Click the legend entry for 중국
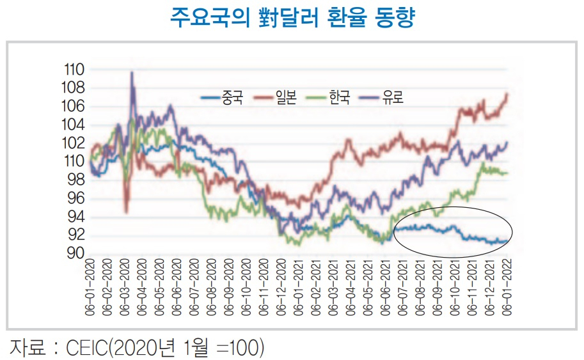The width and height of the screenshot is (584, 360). (222, 98)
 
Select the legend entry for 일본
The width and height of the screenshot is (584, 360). (275, 98)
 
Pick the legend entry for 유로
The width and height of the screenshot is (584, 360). (381, 98)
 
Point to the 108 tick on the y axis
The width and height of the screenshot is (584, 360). (73, 88)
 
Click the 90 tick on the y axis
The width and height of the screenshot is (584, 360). (76, 253)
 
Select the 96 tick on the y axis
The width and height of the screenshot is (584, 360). (76, 198)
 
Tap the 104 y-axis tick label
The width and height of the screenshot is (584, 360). (73, 124)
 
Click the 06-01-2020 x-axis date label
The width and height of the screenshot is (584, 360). (90, 287)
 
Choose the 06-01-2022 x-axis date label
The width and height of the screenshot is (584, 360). (507, 287)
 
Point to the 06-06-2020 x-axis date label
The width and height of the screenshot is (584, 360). (177, 287)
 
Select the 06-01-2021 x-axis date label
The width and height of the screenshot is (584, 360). (299, 287)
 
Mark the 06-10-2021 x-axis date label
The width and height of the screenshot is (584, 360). (455, 287)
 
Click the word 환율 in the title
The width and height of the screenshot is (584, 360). (347, 17)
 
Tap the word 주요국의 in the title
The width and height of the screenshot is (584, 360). (210, 17)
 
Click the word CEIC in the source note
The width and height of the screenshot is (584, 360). (87, 347)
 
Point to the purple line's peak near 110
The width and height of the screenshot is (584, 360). (132, 72)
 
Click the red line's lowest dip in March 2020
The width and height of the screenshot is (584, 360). (127, 212)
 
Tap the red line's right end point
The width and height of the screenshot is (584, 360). (507, 94)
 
